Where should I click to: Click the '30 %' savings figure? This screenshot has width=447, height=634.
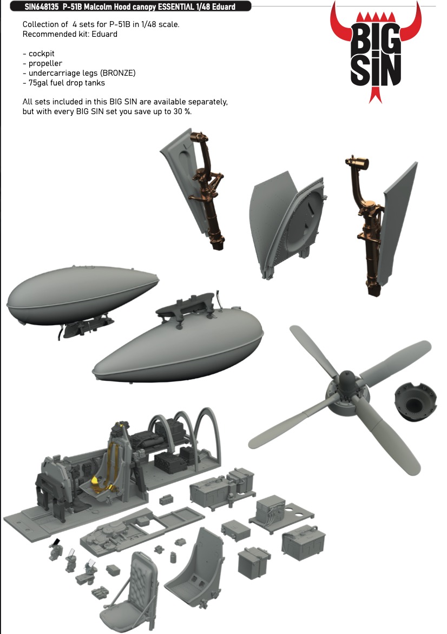(x=182, y=111)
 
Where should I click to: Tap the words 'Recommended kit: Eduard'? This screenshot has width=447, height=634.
(x=70, y=35)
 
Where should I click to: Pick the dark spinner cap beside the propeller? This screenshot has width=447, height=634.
(x=416, y=402)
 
